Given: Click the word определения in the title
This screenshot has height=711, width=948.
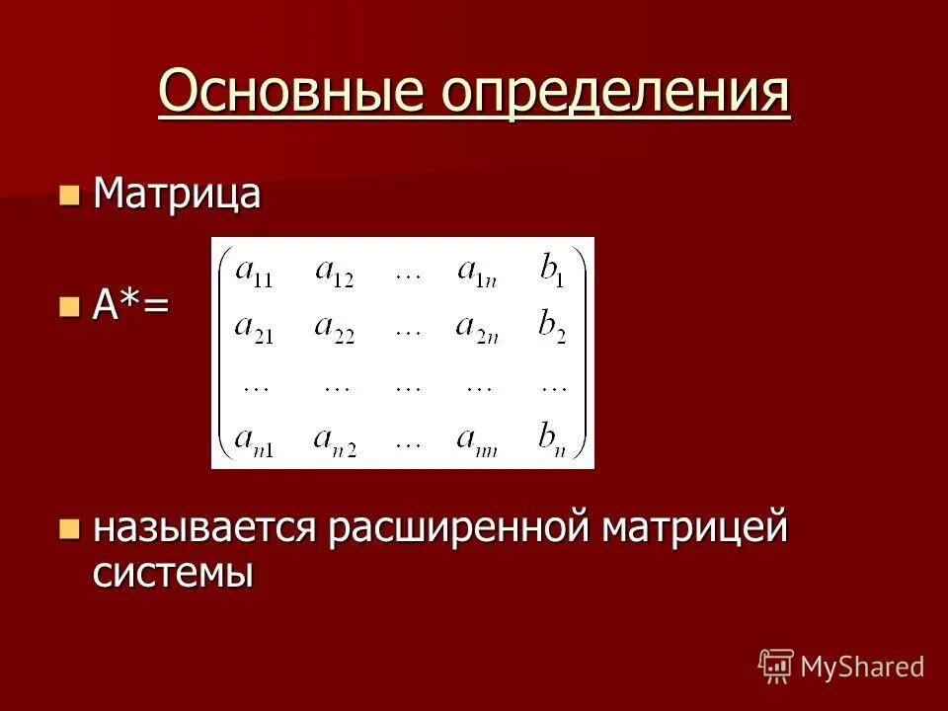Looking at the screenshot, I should (x=616, y=95).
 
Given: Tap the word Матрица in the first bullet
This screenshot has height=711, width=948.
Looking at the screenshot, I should (x=177, y=194).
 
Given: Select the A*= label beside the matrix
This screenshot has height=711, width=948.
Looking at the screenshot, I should (x=131, y=306).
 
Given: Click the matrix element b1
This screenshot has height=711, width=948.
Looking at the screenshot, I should (x=552, y=272).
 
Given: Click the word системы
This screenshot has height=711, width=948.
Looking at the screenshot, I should (x=173, y=573).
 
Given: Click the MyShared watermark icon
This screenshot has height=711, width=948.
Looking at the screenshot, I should (x=776, y=666).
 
